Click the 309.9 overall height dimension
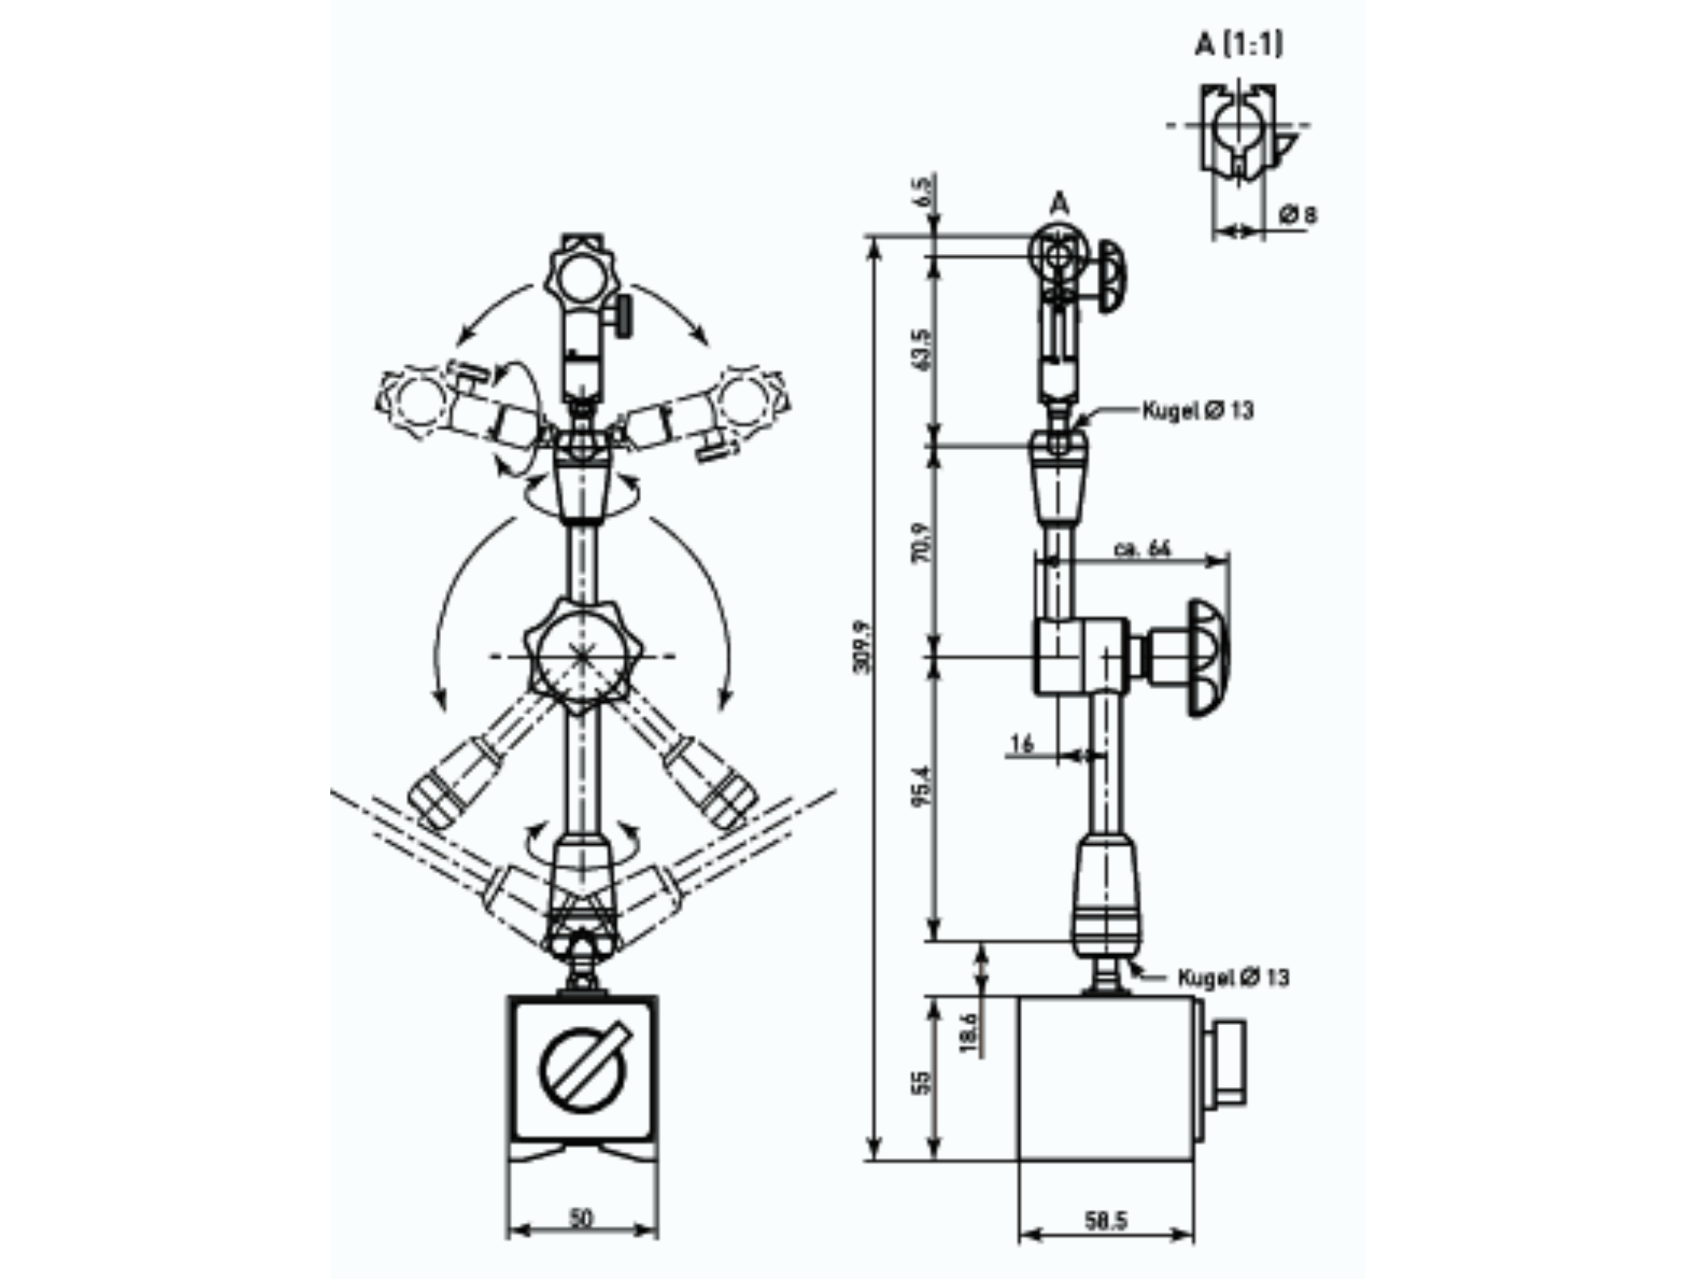tap(862, 646)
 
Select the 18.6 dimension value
tap(970, 1032)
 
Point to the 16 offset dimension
tap(1022, 744)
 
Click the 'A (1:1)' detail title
tap(1239, 45)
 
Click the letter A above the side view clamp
tap(1061, 204)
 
